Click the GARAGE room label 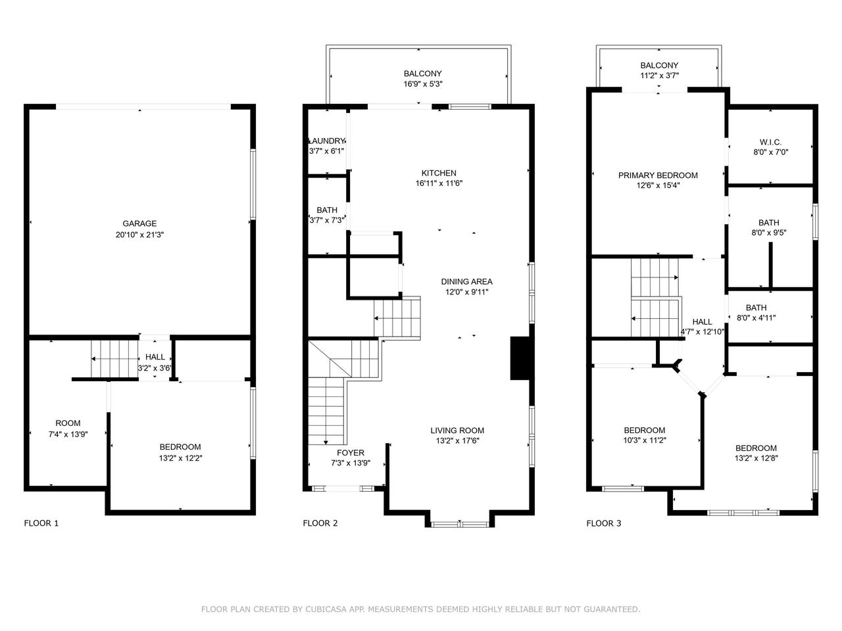point(139,223)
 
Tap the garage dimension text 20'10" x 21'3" point(139,235)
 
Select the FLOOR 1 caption point(41,523)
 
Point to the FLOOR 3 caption point(604,523)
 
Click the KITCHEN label point(439,173)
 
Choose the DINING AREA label point(467,281)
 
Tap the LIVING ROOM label point(457,431)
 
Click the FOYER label point(351,452)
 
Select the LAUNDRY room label point(326,141)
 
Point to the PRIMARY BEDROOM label point(658,175)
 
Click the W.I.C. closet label point(771,142)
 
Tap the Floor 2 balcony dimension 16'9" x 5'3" point(423,83)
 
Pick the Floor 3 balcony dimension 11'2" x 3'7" point(659,76)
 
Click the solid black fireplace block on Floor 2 point(520,358)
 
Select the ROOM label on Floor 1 point(68,423)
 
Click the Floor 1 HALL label point(155,357)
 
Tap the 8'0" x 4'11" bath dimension point(756,317)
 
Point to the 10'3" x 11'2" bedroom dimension point(645,440)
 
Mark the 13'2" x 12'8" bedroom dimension point(756,458)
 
